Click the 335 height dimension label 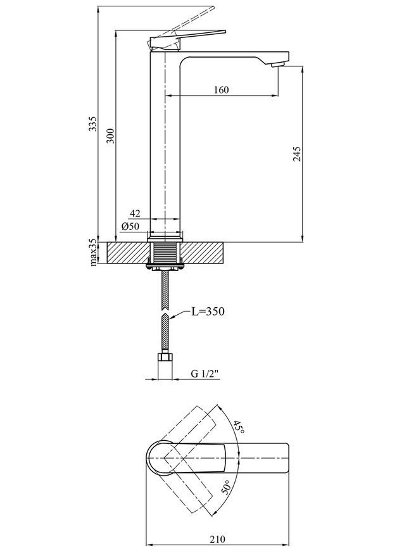(x=92, y=123)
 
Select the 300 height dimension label (x=110, y=136)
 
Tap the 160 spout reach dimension (x=222, y=90)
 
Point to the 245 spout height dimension (x=297, y=153)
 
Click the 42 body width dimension (x=135, y=213)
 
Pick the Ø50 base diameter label (x=130, y=226)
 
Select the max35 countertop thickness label (x=92, y=252)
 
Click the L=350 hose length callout (x=208, y=312)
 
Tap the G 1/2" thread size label (x=205, y=374)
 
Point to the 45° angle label (x=239, y=427)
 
